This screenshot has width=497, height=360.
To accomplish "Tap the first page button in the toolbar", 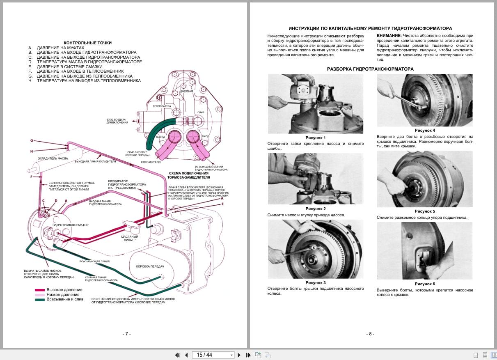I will point(177,355).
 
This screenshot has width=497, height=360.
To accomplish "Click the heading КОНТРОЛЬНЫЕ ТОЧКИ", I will point(88,43).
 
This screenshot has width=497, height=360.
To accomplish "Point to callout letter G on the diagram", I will point(31,140).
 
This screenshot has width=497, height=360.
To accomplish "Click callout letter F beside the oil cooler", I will point(31,177).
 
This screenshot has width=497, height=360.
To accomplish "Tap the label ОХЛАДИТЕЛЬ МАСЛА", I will point(53,158).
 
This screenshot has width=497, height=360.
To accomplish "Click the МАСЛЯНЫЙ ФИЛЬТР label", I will point(129,238).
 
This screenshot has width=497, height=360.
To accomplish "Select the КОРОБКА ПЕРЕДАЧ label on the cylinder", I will point(150,266).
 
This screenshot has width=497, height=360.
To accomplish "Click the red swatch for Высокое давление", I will point(39,290).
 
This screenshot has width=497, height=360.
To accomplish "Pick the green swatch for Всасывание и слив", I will point(39,300).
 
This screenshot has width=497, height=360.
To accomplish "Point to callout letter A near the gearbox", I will point(222,198).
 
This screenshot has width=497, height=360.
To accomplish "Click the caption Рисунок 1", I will point(315,138).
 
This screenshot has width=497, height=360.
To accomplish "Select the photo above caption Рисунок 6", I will point(424,250).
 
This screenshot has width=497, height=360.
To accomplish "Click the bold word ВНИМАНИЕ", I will point(389,36).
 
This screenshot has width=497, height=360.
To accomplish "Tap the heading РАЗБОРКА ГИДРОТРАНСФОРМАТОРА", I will point(370,69).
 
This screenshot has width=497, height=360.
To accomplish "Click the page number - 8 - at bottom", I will point(370,334).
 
